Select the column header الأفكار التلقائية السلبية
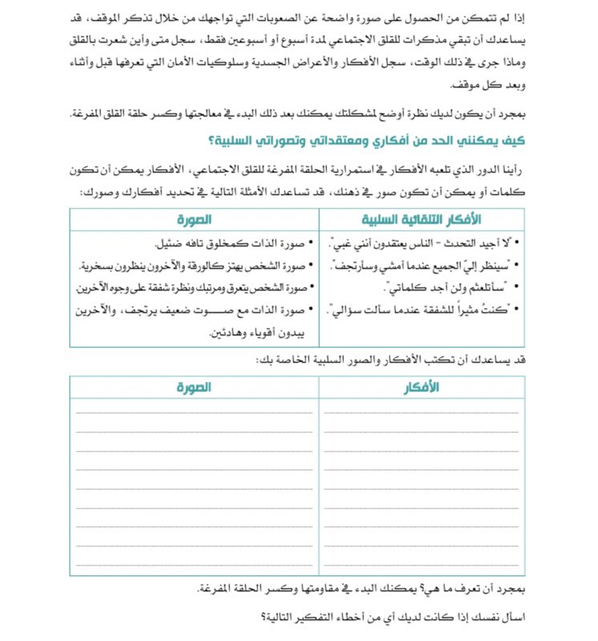point(422,219)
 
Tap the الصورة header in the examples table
point(194,219)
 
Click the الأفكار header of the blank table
point(422,387)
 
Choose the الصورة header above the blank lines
point(194,387)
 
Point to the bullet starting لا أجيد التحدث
point(426,243)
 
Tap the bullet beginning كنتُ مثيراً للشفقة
point(424,308)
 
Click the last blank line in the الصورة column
point(194,565)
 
